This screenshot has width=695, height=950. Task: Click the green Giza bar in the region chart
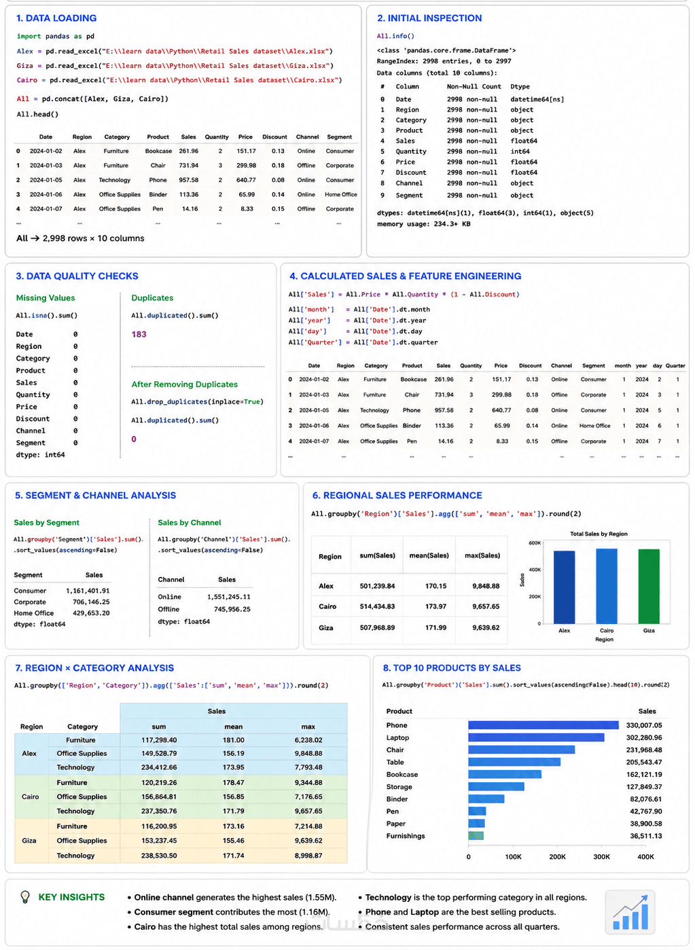(x=649, y=586)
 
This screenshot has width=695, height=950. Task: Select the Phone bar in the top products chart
(x=543, y=725)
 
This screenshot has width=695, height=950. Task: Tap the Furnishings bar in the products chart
(x=476, y=836)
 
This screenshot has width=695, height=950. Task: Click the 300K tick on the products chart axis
(x=601, y=857)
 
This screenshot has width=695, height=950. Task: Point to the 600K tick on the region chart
(x=535, y=543)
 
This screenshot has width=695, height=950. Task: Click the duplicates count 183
(x=139, y=334)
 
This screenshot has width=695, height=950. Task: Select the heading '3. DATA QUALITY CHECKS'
(x=77, y=276)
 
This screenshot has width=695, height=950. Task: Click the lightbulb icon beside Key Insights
(x=25, y=897)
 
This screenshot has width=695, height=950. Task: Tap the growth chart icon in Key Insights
(x=630, y=912)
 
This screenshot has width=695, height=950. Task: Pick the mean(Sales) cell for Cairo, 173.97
(x=435, y=606)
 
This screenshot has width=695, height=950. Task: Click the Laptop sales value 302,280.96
(x=643, y=737)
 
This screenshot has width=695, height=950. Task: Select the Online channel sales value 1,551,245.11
(x=229, y=597)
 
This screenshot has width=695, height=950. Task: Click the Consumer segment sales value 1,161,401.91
(x=88, y=591)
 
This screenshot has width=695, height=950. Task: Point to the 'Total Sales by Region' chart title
(x=599, y=534)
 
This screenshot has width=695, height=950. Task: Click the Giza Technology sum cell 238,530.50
(x=159, y=856)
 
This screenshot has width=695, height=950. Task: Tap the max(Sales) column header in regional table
(x=482, y=555)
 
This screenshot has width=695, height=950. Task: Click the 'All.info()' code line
(x=395, y=36)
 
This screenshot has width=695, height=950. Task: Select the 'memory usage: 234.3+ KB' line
(x=423, y=224)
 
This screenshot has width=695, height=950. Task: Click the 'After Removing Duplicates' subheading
(x=185, y=384)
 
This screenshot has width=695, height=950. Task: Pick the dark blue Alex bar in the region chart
(x=564, y=587)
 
